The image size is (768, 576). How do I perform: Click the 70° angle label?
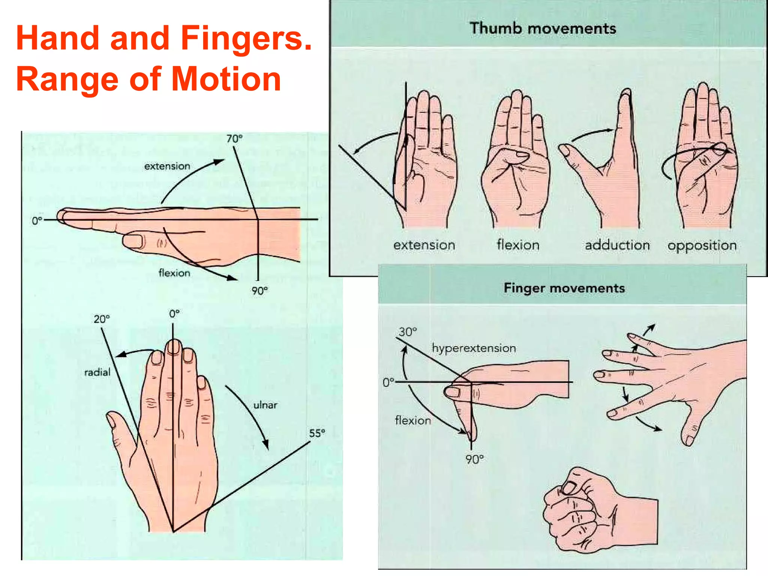coord(234,139)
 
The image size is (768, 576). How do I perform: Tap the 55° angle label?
coord(317,433)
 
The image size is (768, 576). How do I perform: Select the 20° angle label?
coord(102,319)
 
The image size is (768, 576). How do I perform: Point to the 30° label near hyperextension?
coord(408,332)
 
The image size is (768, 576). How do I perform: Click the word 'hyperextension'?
coord(474,348)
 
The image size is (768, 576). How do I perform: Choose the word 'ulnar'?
coord(265,405)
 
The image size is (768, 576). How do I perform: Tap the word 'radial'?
coord(97,372)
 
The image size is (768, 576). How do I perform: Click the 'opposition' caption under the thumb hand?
coord(702,246)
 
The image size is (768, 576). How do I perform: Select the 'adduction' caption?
coord(617,245)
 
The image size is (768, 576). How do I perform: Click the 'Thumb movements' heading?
coord(543,28)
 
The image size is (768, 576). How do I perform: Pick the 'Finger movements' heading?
coord(564,288)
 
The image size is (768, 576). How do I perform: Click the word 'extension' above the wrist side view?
coord(167,166)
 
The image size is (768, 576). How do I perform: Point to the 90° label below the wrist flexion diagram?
coord(259,291)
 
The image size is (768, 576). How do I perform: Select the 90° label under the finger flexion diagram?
coord(475,459)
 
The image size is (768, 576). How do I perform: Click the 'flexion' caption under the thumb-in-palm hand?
coord(518,245)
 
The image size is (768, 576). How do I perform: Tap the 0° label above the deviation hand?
coord(174,314)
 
